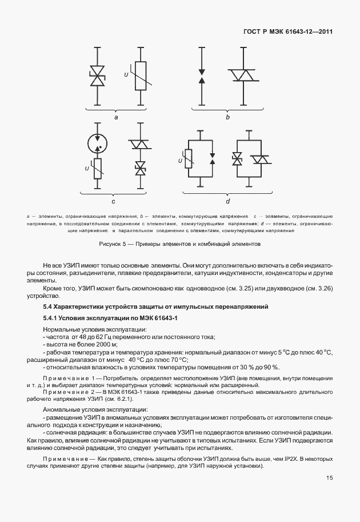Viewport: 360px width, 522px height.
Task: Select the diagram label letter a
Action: click(x=116, y=117)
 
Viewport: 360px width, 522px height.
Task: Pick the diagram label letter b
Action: click(x=227, y=117)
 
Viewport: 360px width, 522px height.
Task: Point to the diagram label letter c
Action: click(x=113, y=201)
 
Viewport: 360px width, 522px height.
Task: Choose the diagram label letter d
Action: click(x=227, y=201)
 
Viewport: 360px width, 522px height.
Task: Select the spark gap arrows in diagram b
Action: click(x=201, y=77)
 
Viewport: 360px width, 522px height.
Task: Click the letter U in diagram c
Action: click(x=86, y=168)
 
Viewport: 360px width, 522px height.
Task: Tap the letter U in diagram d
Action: click(x=181, y=162)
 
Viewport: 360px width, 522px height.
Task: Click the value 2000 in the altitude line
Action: click(x=102, y=345)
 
